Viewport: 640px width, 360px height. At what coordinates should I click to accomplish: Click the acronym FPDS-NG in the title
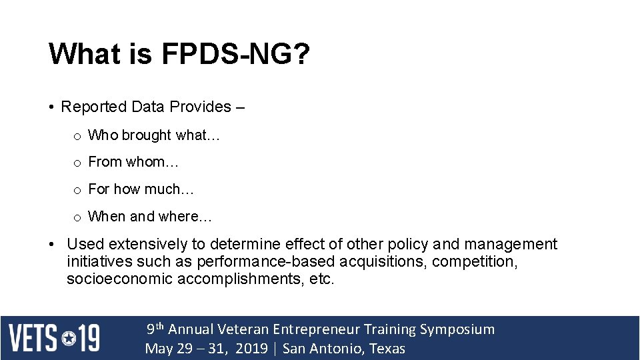click(235, 54)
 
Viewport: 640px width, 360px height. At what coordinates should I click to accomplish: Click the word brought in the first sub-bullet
click(147, 135)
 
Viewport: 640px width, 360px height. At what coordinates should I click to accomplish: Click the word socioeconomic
click(119, 279)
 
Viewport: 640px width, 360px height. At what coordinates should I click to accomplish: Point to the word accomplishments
click(241, 279)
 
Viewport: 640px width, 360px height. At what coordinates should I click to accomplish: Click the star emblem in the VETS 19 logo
click(69, 338)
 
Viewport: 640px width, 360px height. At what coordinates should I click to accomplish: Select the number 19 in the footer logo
click(88, 338)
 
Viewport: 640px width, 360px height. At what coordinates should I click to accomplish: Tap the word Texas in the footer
click(387, 349)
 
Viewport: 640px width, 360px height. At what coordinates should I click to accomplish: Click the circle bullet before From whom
click(77, 163)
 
